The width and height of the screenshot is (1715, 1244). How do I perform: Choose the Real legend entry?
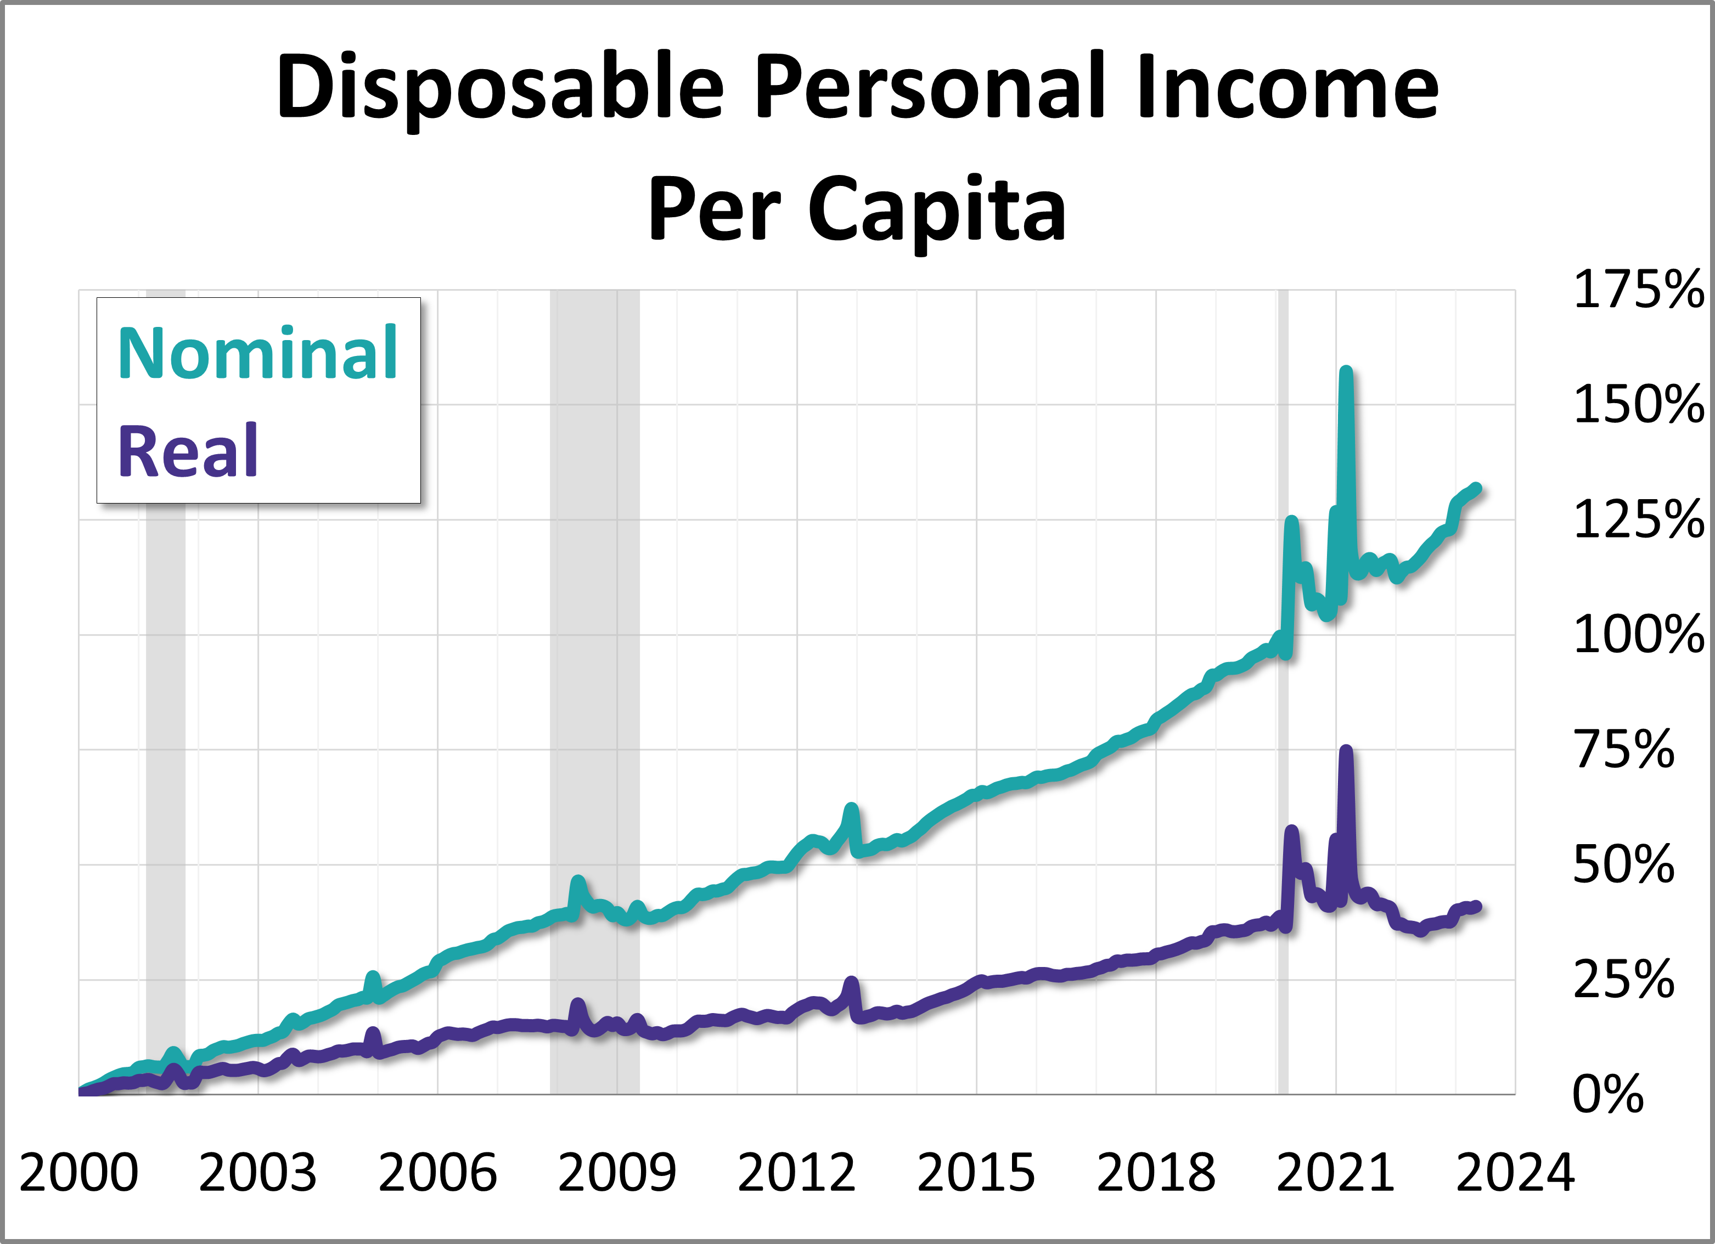pyautogui.click(x=188, y=451)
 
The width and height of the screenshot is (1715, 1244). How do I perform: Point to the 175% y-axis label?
pyautogui.click(x=1638, y=290)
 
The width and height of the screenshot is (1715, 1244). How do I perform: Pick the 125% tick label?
pyautogui.click(x=1638, y=520)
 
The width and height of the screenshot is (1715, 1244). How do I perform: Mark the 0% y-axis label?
pyautogui.click(x=1607, y=1094)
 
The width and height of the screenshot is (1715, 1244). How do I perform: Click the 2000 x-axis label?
pyautogui.click(x=78, y=1173)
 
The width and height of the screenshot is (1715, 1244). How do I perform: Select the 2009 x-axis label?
pyautogui.click(x=617, y=1173)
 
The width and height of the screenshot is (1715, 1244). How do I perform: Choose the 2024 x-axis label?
pyautogui.click(x=1515, y=1173)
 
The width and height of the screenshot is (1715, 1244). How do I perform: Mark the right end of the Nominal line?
pyautogui.click(x=1476, y=488)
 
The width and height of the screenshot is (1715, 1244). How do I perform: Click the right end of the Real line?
pyautogui.click(x=1476, y=907)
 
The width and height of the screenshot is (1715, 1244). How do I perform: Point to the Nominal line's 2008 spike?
pyautogui.click(x=578, y=881)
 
